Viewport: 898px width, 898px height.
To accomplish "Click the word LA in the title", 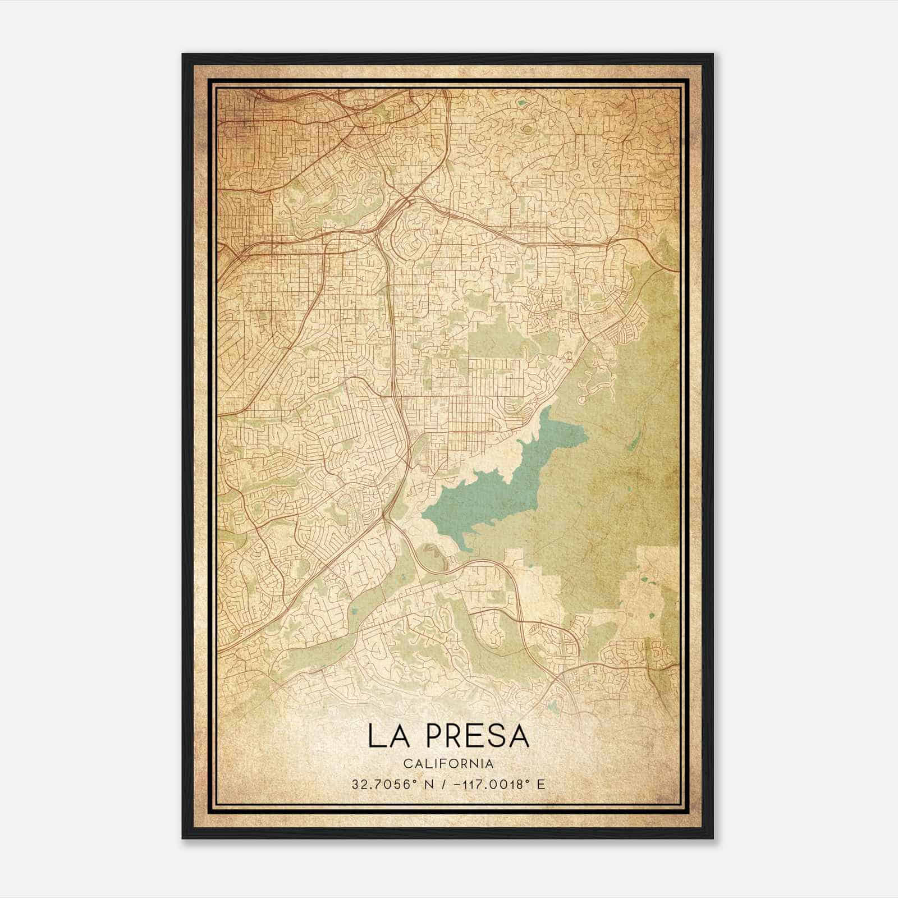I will pos(387,736).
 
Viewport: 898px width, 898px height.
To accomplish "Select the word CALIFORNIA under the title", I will pos(448,764).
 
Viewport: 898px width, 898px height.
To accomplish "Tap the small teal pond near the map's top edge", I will pos(523,103).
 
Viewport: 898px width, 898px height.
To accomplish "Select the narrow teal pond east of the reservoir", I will pos(633,444).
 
